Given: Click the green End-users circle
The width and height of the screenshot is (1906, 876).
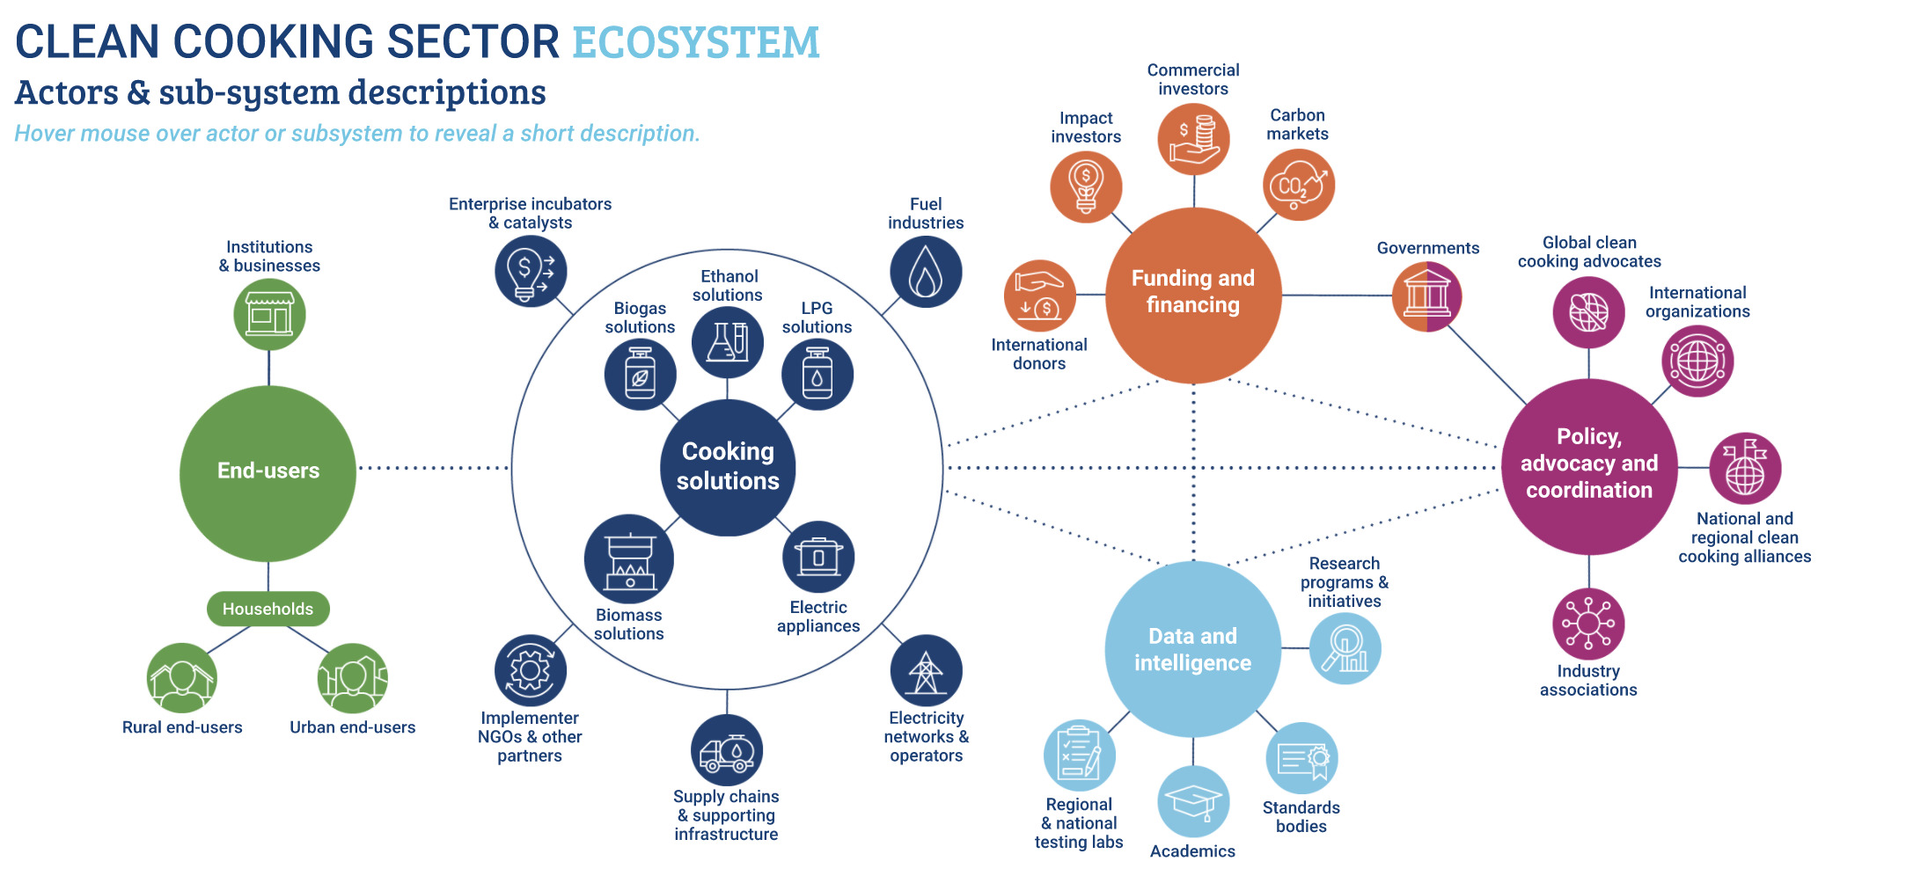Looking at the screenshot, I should [x=268, y=472].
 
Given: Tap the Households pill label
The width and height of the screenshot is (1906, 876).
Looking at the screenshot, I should [x=268, y=609].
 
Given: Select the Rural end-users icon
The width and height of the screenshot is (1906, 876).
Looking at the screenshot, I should [x=182, y=678].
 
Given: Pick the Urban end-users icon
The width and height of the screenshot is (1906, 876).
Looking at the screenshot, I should [x=352, y=678].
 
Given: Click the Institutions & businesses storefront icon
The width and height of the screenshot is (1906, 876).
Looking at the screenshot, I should [x=269, y=314].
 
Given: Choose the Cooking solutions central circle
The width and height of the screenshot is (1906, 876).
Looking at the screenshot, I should [x=728, y=467].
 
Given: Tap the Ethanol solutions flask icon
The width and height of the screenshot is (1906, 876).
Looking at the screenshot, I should [x=728, y=341].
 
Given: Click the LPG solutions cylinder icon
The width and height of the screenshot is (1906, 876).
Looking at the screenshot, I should [x=817, y=375].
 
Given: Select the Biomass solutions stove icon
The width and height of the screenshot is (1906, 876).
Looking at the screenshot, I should [x=629, y=559].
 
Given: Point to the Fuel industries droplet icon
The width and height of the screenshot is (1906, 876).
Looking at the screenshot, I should [x=926, y=272].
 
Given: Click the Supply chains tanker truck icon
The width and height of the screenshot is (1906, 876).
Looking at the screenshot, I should [x=727, y=750].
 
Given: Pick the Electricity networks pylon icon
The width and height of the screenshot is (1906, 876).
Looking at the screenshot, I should [x=926, y=670].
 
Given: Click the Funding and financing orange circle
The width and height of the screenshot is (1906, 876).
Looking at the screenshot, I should [x=1193, y=295].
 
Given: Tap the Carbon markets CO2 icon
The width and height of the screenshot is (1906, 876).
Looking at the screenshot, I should [x=1299, y=185].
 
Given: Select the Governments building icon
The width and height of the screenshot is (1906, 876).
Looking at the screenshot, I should [x=1426, y=296].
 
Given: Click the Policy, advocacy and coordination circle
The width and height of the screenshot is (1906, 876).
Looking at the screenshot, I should [x=1589, y=466].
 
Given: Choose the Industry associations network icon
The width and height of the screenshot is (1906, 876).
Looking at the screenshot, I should [x=1588, y=624].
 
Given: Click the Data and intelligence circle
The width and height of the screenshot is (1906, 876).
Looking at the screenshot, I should [x=1193, y=649].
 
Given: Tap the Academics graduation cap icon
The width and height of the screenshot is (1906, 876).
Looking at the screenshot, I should [x=1193, y=801].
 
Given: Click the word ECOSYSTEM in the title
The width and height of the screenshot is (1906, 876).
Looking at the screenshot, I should [x=696, y=42].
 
